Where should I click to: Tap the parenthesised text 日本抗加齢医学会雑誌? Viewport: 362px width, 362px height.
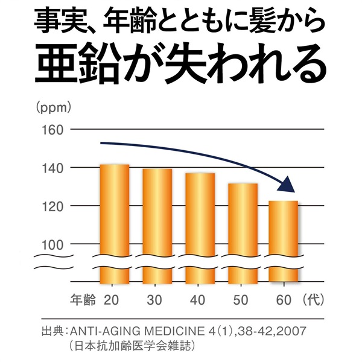click(133, 347)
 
